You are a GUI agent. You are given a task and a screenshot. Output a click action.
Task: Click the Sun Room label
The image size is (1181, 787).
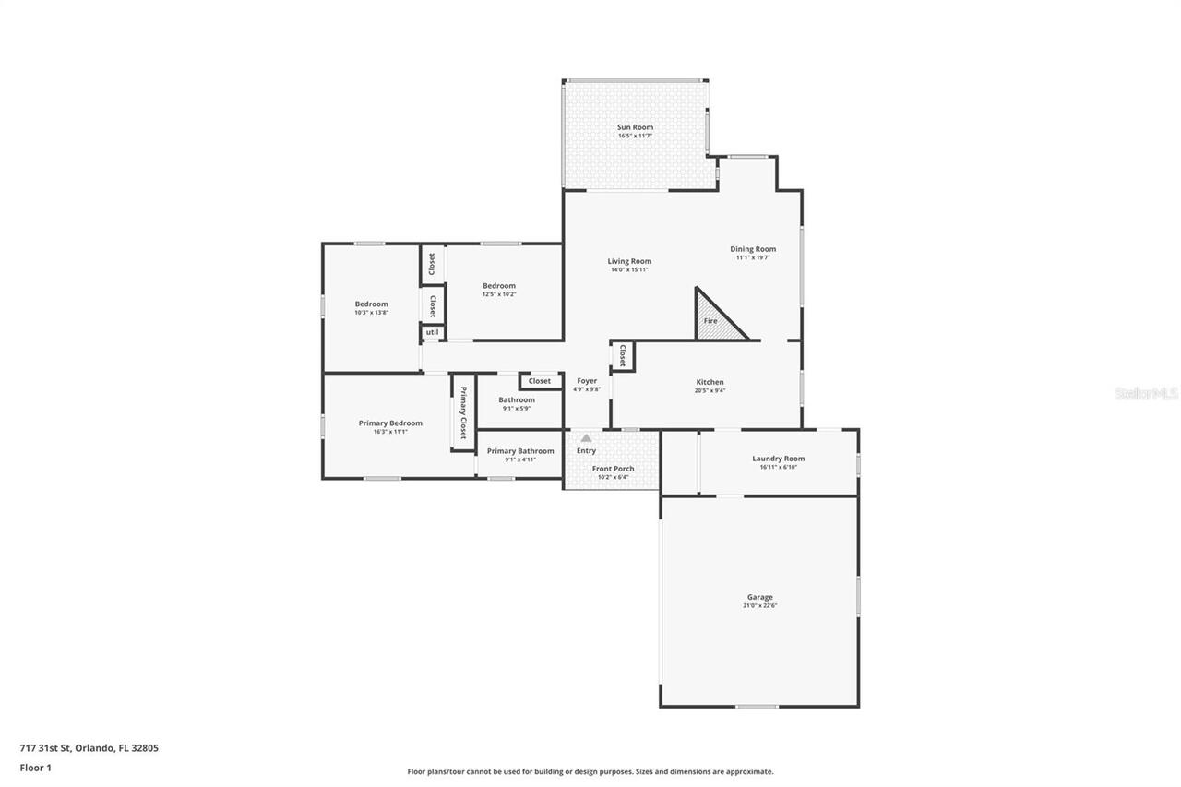click(x=635, y=127)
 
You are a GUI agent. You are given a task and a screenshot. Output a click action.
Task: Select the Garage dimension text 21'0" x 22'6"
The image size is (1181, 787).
click(x=759, y=606)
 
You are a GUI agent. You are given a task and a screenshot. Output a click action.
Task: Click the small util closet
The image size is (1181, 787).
click(x=432, y=332)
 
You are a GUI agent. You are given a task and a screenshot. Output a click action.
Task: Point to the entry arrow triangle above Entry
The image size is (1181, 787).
click(x=586, y=438)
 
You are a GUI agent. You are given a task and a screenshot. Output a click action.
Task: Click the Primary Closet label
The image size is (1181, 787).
click(x=463, y=412)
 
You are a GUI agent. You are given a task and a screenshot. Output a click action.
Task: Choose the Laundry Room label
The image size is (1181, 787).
click(x=778, y=459)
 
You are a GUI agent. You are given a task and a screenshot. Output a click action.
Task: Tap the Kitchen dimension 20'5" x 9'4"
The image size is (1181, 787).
click(x=710, y=390)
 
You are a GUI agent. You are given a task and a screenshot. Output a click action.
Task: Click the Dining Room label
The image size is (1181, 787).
click(x=753, y=249)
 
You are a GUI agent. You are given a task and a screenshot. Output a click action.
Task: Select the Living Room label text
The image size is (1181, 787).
click(x=629, y=261)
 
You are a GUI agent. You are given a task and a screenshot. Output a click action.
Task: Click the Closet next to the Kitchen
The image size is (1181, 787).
click(x=623, y=356)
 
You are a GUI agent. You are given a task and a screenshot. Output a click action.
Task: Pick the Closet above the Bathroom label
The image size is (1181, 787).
click(x=540, y=381)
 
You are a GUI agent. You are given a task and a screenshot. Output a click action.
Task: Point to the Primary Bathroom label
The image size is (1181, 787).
click(x=520, y=451)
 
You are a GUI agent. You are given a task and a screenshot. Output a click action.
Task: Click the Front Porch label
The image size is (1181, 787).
click(x=613, y=469)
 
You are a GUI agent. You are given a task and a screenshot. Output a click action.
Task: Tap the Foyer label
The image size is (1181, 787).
click(x=587, y=381)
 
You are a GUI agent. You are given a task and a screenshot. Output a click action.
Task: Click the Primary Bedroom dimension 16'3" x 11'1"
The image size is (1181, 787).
click(x=390, y=432)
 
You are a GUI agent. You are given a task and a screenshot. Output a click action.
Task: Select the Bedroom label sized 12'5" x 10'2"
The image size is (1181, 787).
click(x=498, y=286)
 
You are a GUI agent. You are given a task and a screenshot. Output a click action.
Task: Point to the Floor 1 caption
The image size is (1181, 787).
click(x=36, y=768)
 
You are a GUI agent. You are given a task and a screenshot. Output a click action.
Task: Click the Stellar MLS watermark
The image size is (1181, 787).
click(x=1146, y=393)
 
